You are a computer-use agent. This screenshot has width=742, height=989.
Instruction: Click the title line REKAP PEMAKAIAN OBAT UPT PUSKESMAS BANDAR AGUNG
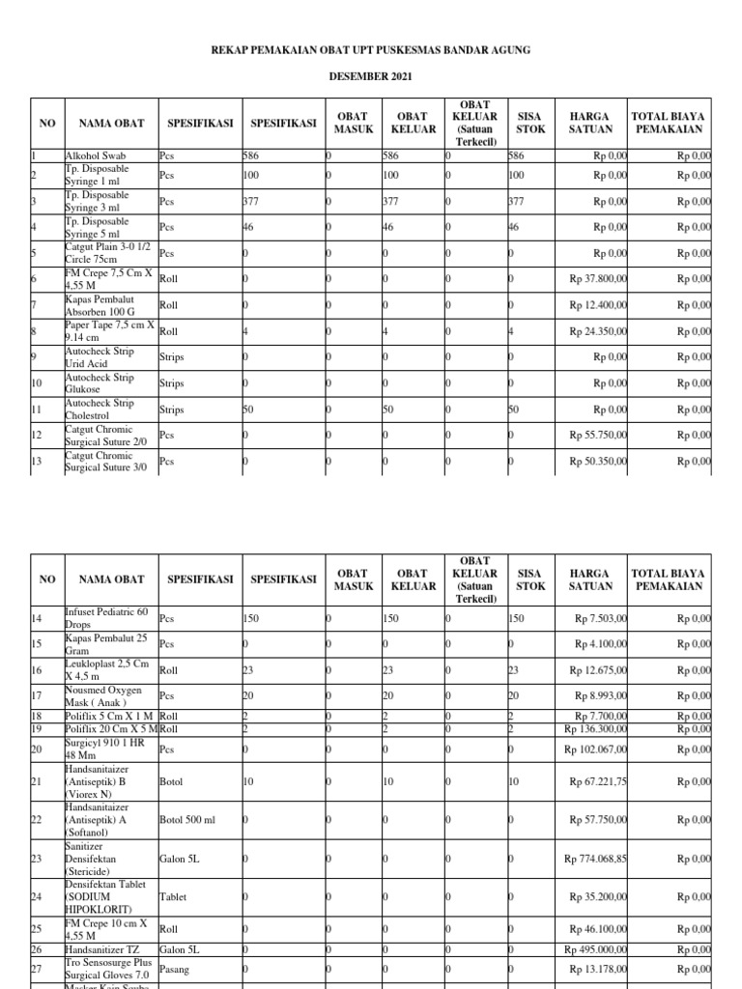372,49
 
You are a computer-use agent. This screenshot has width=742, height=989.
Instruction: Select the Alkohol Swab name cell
95,155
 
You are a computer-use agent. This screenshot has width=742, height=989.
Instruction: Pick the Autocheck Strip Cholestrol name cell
100,410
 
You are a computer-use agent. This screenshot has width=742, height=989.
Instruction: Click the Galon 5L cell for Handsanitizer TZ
181,949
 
